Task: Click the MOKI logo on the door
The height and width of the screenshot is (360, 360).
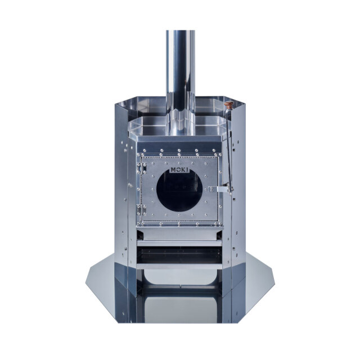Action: point(180,170)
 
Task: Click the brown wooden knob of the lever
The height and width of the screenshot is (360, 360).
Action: point(229,105)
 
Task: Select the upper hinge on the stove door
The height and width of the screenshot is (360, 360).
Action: point(141,168)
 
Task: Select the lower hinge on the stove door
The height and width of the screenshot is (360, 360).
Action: point(141,210)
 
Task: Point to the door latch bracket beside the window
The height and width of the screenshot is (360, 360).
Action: point(219,189)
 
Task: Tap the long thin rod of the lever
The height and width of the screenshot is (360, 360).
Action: point(229,147)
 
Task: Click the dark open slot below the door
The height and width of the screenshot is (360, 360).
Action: point(179,255)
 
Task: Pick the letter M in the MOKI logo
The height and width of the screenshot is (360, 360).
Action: point(173,170)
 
